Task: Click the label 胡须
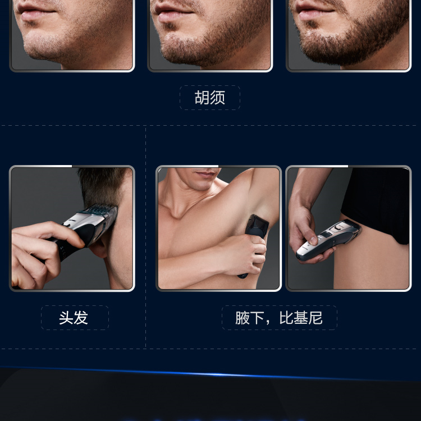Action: tap(210, 97)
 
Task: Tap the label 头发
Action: tap(74, 318)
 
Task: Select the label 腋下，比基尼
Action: tap(279, 318)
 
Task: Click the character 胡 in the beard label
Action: tap(202, 97)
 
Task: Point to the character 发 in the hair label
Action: tap(81, 318)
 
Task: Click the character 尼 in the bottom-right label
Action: tap(315, 318)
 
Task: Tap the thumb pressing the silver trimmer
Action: tap(312, 238)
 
